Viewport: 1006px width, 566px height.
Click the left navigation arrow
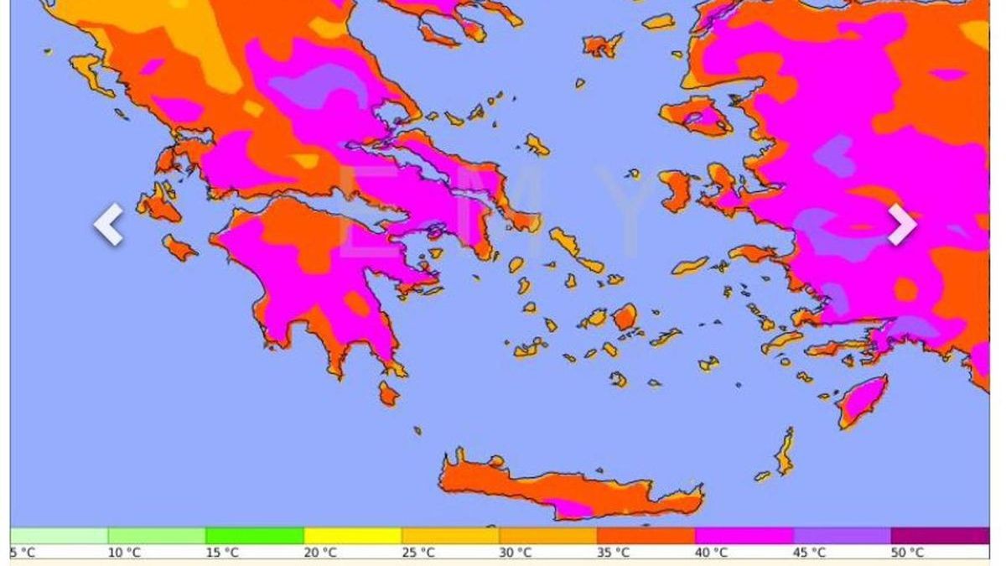[x=109, y=225]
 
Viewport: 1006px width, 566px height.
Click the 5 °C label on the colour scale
[x=23, y=553]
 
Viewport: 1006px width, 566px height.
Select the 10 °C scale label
[x=124, y=553]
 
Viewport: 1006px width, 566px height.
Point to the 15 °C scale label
[x=222, y=553]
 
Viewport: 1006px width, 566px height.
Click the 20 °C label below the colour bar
[x=320, y=553]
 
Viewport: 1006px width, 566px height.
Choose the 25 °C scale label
[x=418, y=553]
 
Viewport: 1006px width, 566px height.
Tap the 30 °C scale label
[x=516, y=553]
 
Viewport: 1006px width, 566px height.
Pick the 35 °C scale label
[x=614, y=553]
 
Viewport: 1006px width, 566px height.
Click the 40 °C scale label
[x=712, y=553]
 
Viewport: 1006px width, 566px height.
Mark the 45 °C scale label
[x=810, y=553]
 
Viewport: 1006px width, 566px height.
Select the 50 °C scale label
[x=907, y=553]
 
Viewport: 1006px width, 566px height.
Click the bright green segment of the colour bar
[x=255, y=536]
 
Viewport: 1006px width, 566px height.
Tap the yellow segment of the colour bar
[x=352, y=536]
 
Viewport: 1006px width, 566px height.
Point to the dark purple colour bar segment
[x=940, y=536]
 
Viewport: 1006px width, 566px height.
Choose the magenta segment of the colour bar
[x=744, y=536]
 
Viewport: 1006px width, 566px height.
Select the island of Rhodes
[x=861, y=401]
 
